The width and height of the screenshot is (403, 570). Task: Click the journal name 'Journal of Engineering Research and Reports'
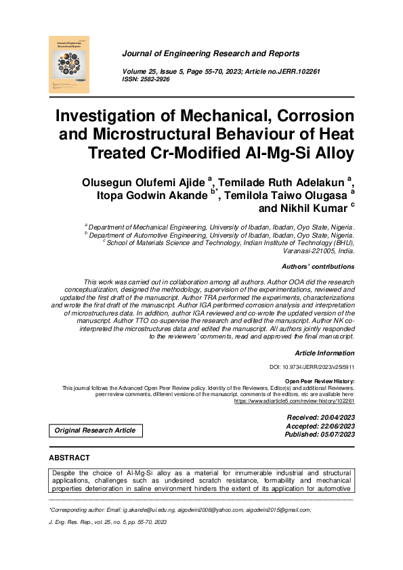tap(210, 53)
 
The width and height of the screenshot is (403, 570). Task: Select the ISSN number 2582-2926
tap(155, 79)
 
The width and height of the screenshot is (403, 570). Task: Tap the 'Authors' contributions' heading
tap(318, 267)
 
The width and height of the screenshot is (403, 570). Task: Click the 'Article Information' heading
tap(324, 353)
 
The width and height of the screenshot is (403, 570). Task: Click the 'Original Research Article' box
tap(95, 431)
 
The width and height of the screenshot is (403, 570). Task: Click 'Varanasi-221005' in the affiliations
tap(295, 250)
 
